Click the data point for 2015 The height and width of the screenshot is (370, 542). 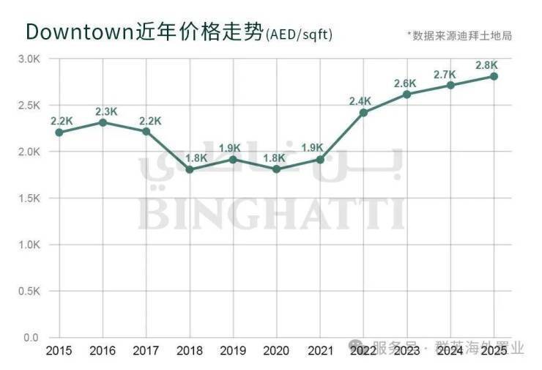(59, 133)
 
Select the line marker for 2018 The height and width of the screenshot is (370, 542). (189, 169)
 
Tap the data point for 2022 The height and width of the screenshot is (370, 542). (363, 112)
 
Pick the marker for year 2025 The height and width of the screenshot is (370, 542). (494, 76)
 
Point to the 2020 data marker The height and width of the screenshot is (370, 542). (276, 169)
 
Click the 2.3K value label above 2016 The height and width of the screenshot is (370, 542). (106, 111)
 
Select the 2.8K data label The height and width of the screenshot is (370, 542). (487, 65)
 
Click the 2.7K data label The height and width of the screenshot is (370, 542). (445, 74)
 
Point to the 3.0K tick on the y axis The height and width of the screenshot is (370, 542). (29, 59)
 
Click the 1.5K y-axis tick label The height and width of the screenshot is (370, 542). (29, 199)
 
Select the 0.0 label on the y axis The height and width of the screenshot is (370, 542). (31, 338)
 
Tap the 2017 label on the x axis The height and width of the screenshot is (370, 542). (146, 352)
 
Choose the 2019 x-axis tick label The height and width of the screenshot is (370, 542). (233, 352)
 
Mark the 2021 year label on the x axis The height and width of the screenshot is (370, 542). (319, 352)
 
